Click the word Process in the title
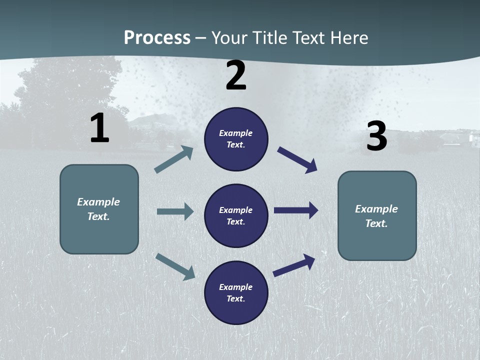(157, 37)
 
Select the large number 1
(99, 128)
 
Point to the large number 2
(236, 76)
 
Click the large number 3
(376, 136)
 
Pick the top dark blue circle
(236, 139)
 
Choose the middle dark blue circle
(236, 215)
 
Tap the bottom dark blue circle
(236, 292)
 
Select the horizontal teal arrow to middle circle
(175, 211)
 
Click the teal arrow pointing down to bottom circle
(175, 266)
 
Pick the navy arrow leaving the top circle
(297, 160)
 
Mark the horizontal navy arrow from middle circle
(296, 210)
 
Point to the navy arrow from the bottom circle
(294, 265)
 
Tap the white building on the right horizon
(472, 138)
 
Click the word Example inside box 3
(376, 209)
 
